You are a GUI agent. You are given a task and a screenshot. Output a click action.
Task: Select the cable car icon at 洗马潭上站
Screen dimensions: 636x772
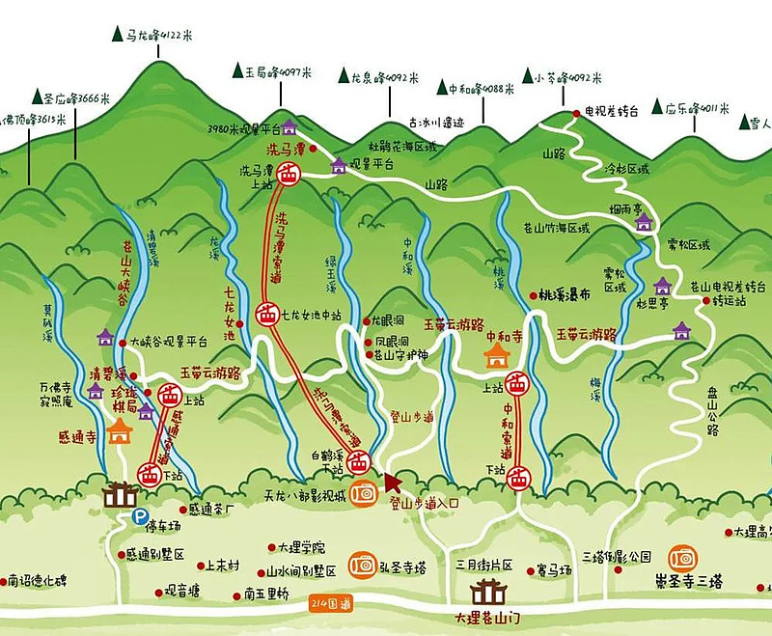(x=288, y=175)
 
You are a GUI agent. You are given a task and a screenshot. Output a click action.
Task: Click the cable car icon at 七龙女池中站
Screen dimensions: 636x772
(x=267, y=315)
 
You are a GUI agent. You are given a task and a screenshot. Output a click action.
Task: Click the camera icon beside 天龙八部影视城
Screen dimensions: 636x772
(x=363, y=493)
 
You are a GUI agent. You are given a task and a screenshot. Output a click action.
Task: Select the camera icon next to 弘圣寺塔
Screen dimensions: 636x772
(x=363, y=563)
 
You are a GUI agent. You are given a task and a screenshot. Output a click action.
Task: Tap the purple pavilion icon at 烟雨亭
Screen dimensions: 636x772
(x=644, y=222)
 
